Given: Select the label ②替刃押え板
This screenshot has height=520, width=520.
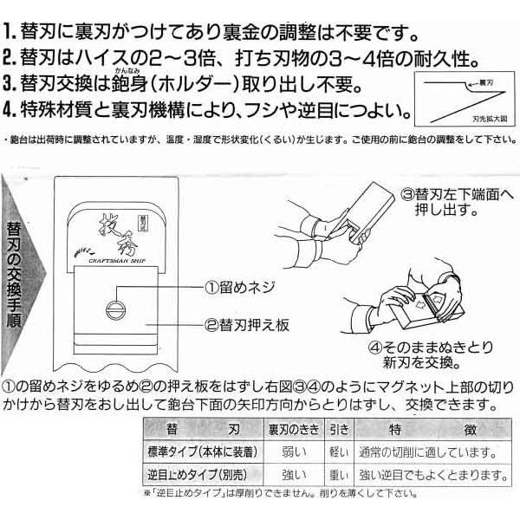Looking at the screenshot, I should [x=246, y=327].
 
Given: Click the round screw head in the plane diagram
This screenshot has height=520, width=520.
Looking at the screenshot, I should [x=113, y=309].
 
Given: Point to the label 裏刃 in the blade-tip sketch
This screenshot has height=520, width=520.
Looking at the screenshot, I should [x=476, y=85].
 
